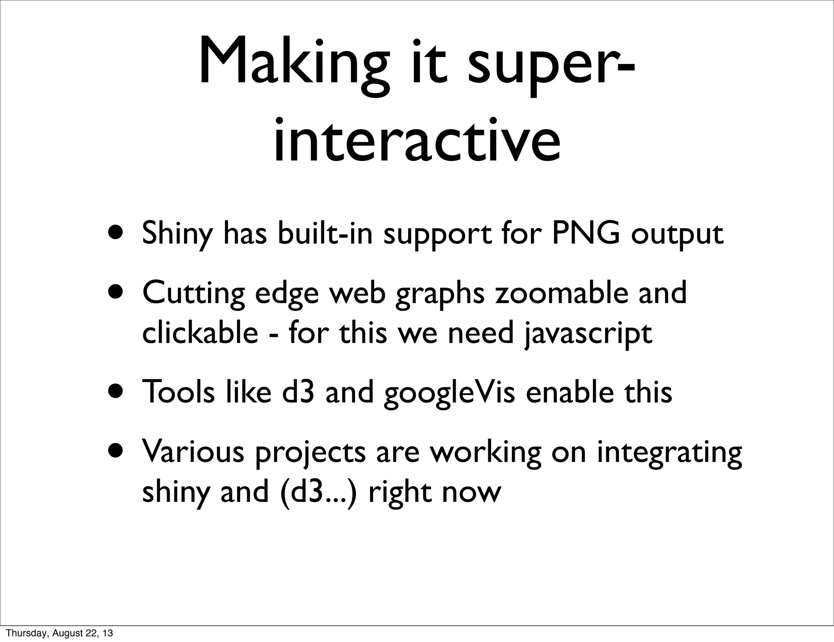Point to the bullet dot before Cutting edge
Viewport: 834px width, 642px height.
[x=117, y=292]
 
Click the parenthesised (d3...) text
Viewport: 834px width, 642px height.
[x=318, y=492]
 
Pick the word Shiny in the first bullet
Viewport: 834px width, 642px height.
[x=177, y=234]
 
